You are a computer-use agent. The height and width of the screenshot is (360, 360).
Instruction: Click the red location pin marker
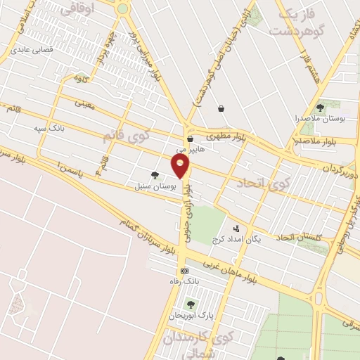pos(181,166)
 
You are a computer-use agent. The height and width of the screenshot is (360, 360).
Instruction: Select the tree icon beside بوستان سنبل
pos(154,175)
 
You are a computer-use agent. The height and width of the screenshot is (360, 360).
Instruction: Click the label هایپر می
pos(191,150)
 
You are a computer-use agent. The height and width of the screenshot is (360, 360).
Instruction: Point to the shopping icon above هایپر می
pos(191,139)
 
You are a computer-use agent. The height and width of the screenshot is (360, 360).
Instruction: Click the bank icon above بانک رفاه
pos(184,271)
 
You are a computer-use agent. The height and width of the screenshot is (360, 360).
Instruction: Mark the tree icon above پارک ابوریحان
pos(190,304)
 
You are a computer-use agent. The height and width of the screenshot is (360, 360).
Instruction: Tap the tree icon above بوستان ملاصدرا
pos(320,108)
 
